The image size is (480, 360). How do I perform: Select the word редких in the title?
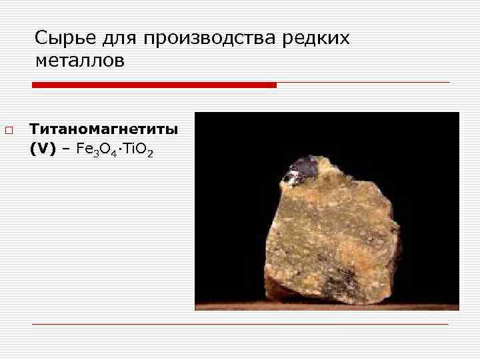317,38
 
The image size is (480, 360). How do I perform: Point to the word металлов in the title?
80,62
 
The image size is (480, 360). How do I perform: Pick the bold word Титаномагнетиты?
103,129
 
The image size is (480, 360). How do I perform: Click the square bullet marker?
7,129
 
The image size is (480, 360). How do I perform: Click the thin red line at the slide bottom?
240,324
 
